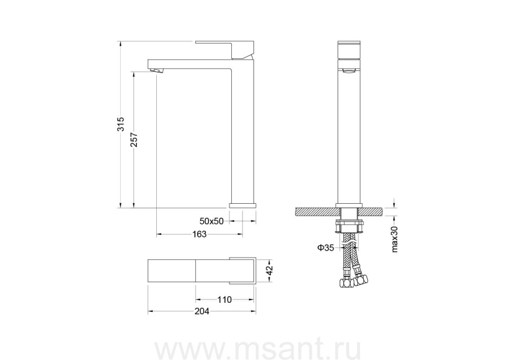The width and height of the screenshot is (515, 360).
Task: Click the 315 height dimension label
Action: [121, 124]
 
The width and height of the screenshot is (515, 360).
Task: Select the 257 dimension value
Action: [134, 140]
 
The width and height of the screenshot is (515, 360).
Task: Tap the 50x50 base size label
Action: [212, 221]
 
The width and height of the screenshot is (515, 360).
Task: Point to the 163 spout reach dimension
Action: [199, 234]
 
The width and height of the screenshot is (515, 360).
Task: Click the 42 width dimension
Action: [270, 270]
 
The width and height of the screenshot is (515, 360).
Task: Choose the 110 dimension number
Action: [225, 299]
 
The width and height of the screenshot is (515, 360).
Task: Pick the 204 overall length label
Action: [201, 311]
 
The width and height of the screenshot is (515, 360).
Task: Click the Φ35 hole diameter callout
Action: [326, 247]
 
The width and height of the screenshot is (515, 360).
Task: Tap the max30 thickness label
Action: [395, 239]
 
